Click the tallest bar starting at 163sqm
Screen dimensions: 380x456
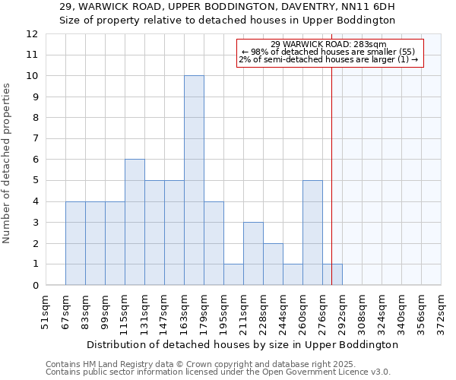[194, 181]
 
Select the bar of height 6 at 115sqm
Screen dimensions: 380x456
[135, 222]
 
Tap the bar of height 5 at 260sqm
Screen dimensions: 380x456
[312, 233]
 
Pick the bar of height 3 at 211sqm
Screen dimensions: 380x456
[253, 254]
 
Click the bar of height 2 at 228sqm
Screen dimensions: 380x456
[273, 264]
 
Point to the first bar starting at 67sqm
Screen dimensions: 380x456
[75, 243]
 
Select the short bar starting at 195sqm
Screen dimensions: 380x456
[233, 274]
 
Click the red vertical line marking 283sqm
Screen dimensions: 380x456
[332, 190]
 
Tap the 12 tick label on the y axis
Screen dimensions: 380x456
[32, 34]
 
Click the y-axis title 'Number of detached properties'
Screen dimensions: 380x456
[8, 163]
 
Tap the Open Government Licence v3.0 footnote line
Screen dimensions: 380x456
[218, 372]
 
